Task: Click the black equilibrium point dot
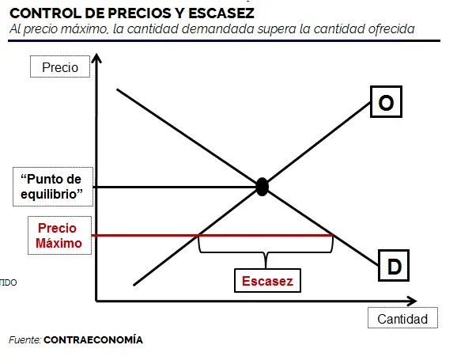point(262,187)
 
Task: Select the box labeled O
point(386,102)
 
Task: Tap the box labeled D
point(394,266)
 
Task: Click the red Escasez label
point(267,281)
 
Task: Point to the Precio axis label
point(60,66)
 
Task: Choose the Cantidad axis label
point(402,318)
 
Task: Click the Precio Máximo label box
point(59,236)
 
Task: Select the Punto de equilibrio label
point(53,187)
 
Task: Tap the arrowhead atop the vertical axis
point(96,58)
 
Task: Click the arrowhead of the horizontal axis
point(412,301)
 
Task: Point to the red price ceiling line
point(213,235)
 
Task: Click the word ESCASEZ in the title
point(221,13)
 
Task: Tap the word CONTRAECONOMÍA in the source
point(93,340)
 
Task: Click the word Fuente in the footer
point(25,340)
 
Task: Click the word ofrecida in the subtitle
point(391,29)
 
